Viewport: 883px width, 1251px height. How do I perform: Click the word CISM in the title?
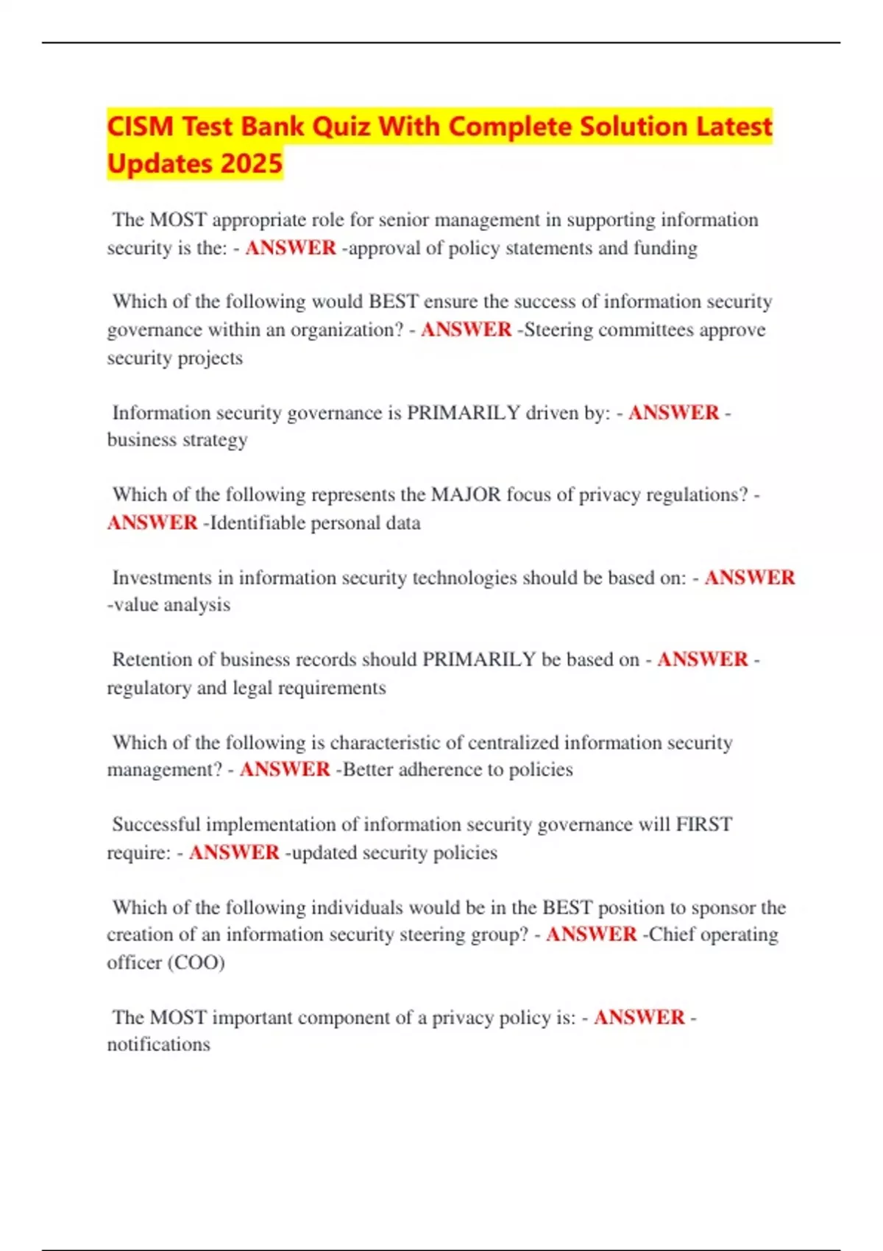[x=141, y=127]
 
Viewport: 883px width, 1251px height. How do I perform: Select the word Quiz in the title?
[x=341, y=127]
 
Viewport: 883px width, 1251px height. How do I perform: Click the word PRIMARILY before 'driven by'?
[x=464, y=413]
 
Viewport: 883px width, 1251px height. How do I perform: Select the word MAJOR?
[x=466, y=495]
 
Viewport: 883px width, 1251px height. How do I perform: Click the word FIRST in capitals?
[x=704, y=824]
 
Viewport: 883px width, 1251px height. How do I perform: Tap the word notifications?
[x=158, y=1045]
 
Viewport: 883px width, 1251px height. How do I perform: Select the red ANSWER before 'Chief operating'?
[x=591, y=935]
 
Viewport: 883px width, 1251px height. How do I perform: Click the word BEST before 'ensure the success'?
[x=394, y=302]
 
